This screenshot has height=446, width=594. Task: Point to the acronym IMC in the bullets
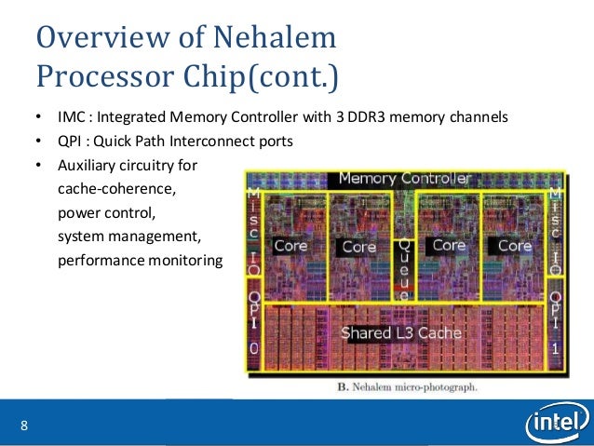pos(71,118)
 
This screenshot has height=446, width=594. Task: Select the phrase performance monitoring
pos(140,261)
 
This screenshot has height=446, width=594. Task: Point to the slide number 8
pos(24,426)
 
